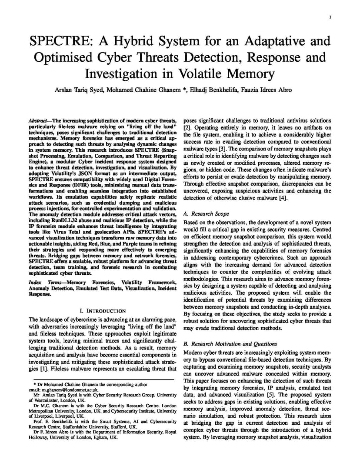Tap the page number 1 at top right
(x=330, y=17)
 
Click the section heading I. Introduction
(x=103, y=311)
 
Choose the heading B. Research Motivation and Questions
(x=230, y=344)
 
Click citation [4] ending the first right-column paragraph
(x=283, y=198)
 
